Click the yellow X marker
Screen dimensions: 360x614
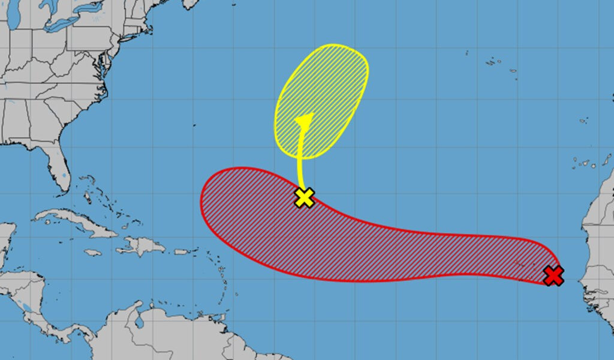point(305,197)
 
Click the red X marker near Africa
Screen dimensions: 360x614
point(554,275)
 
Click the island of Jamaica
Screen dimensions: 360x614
point(92,253)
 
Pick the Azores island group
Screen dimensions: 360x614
point(495,62)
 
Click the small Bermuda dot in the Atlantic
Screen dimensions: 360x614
point(194,125)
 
